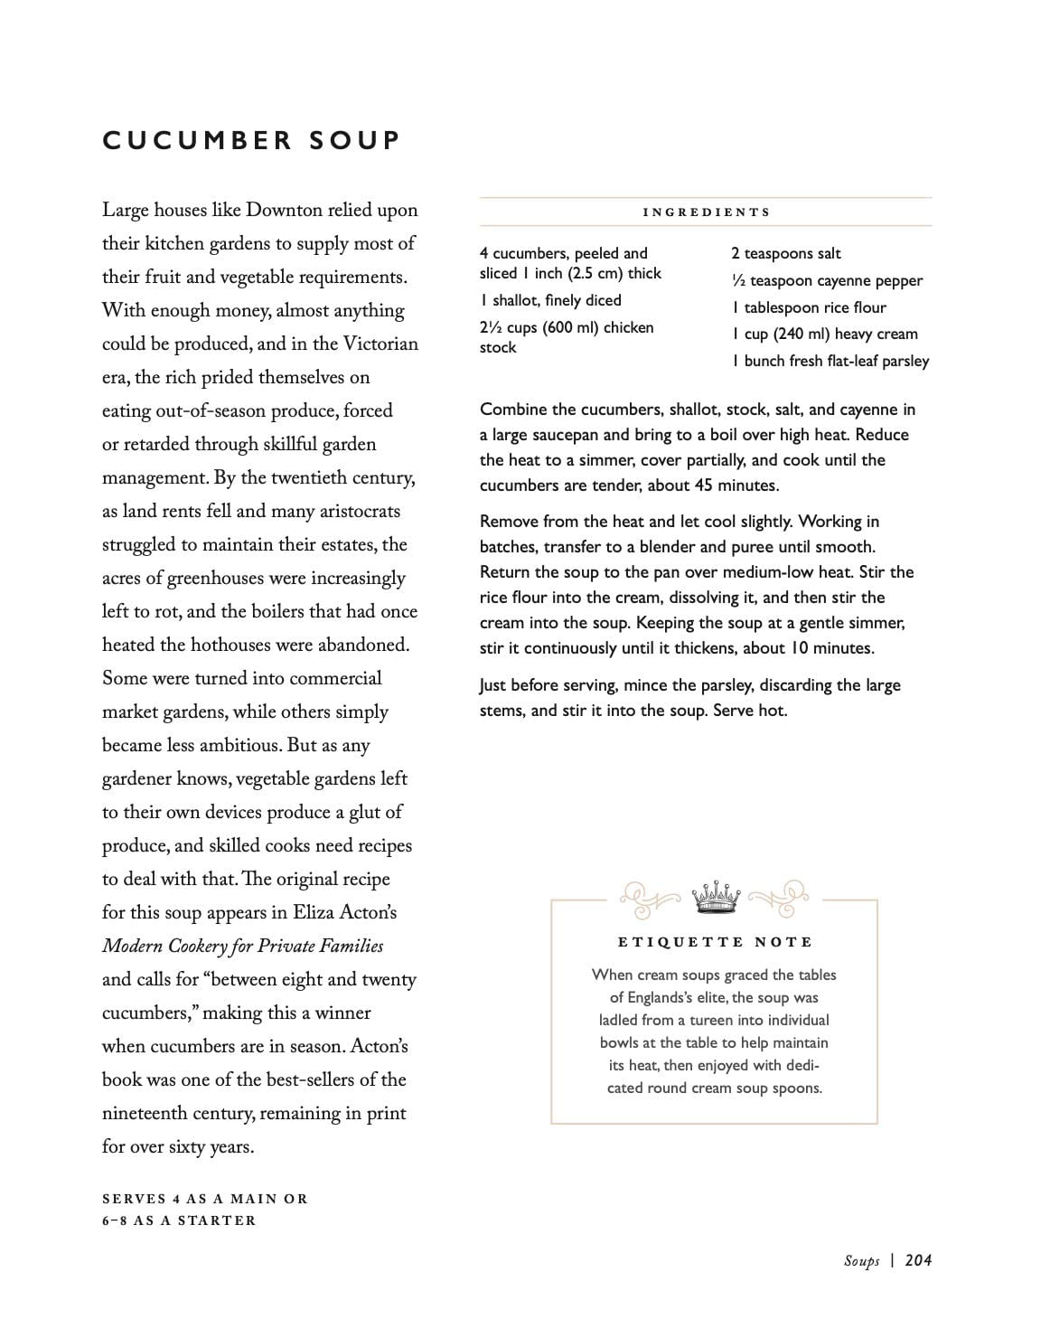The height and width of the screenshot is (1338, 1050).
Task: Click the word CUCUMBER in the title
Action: click(x=197, y=141)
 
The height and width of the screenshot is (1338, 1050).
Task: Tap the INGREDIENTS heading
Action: click(x=706, y=212)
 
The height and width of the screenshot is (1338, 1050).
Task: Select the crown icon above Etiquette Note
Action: click(x=714, y=896)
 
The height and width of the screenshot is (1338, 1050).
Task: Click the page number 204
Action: click(x=918, y=1260)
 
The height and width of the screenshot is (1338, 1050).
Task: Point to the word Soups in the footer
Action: click(x=861, y=1260)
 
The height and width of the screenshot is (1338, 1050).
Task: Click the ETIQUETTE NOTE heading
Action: click(x=714, y=942)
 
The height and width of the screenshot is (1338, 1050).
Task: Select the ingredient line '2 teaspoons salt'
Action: click(x=785, y=254)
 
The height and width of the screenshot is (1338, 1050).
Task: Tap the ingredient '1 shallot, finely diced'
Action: click(x=550, y=300)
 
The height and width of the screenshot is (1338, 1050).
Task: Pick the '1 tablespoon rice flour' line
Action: click(x=809, y=307)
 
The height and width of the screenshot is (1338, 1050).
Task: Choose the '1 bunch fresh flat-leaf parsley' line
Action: click(x=830, y=361)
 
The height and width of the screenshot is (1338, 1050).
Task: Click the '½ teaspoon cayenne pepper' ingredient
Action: click(x=826, y=280)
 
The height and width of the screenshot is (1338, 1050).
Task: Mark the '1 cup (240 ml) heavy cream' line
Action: click(x=824, y=334)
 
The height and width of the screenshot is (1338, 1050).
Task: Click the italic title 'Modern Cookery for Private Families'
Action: click(x=242, y=947)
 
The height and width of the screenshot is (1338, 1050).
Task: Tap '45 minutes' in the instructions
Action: click(x=736, y=485)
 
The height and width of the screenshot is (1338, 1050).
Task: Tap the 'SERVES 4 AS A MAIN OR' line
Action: click(x=205, y=1199)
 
